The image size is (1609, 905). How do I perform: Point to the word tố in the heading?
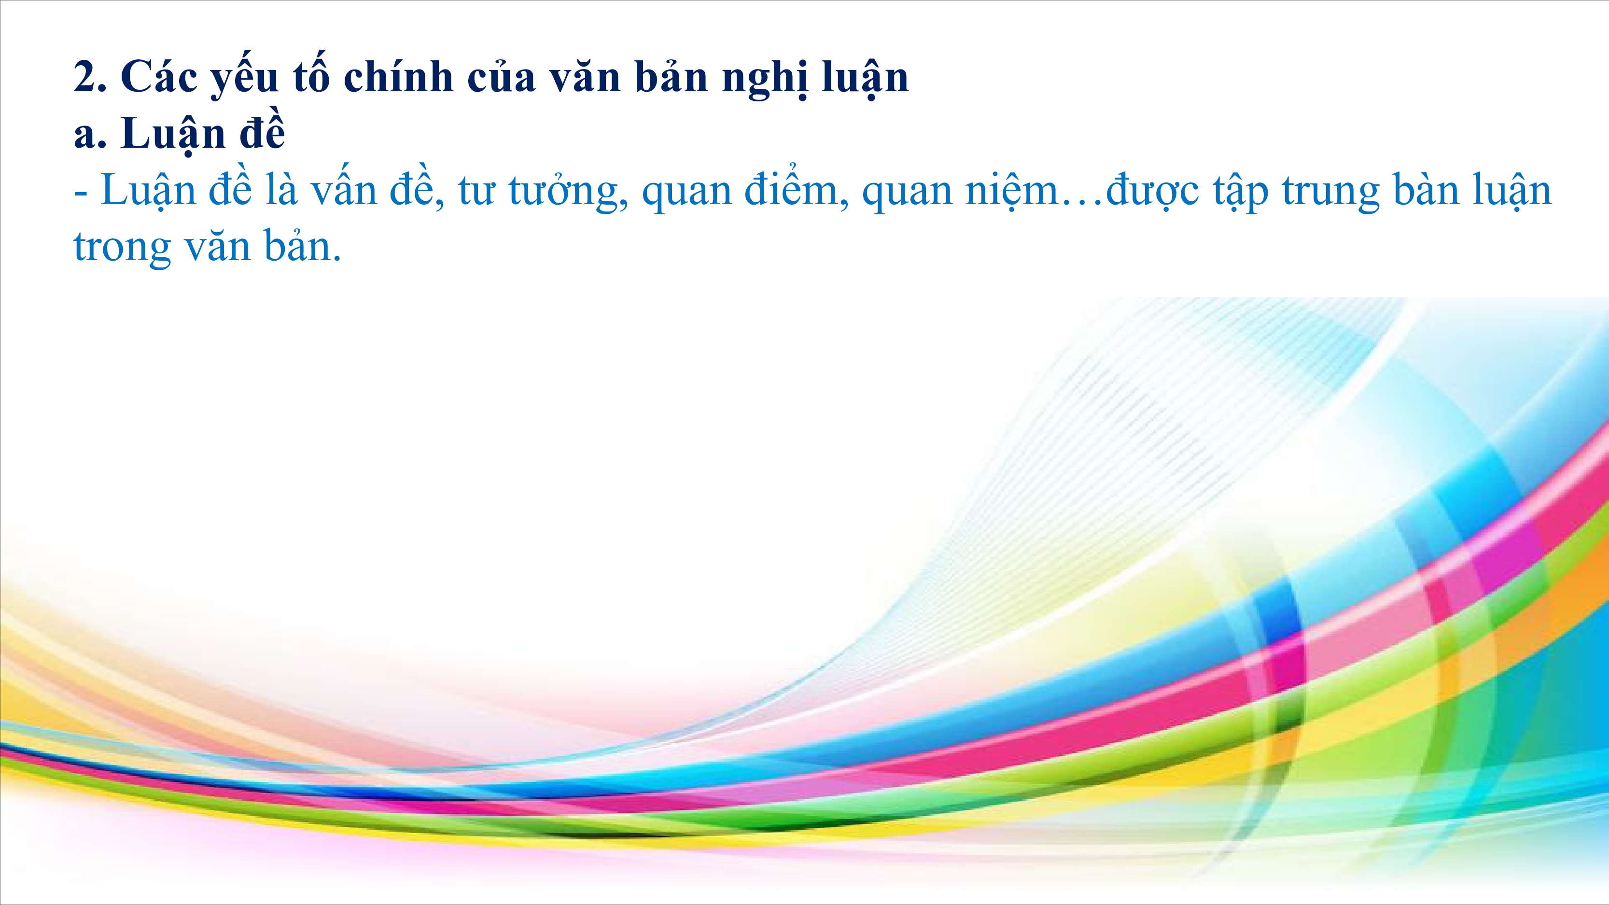coord(310,75)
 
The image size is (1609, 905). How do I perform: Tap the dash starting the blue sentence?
coord(81,194)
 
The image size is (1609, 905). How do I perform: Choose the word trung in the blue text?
coord(1330,194)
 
